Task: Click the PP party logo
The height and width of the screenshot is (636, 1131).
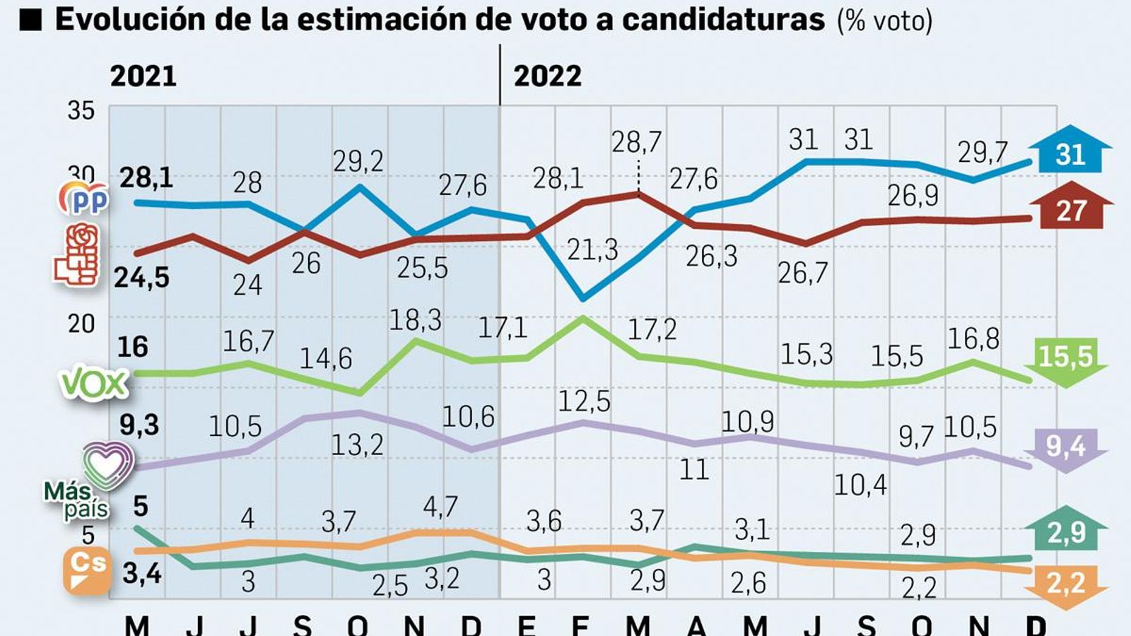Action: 84,199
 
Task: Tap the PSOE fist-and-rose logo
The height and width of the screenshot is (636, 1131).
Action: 77,255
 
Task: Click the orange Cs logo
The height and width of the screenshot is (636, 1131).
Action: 88,569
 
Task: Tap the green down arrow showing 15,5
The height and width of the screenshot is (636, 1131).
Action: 1069,360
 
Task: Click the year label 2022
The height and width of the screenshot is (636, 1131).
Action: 547,76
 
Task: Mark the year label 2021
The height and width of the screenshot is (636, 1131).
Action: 143,76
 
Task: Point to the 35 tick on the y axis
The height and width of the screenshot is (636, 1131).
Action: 81,111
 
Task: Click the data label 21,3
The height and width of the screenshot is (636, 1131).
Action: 592,250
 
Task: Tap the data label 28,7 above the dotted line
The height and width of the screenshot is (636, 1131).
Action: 636,143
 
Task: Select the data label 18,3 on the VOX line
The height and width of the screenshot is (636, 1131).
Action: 416,320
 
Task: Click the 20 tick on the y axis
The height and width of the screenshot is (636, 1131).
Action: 81,324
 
